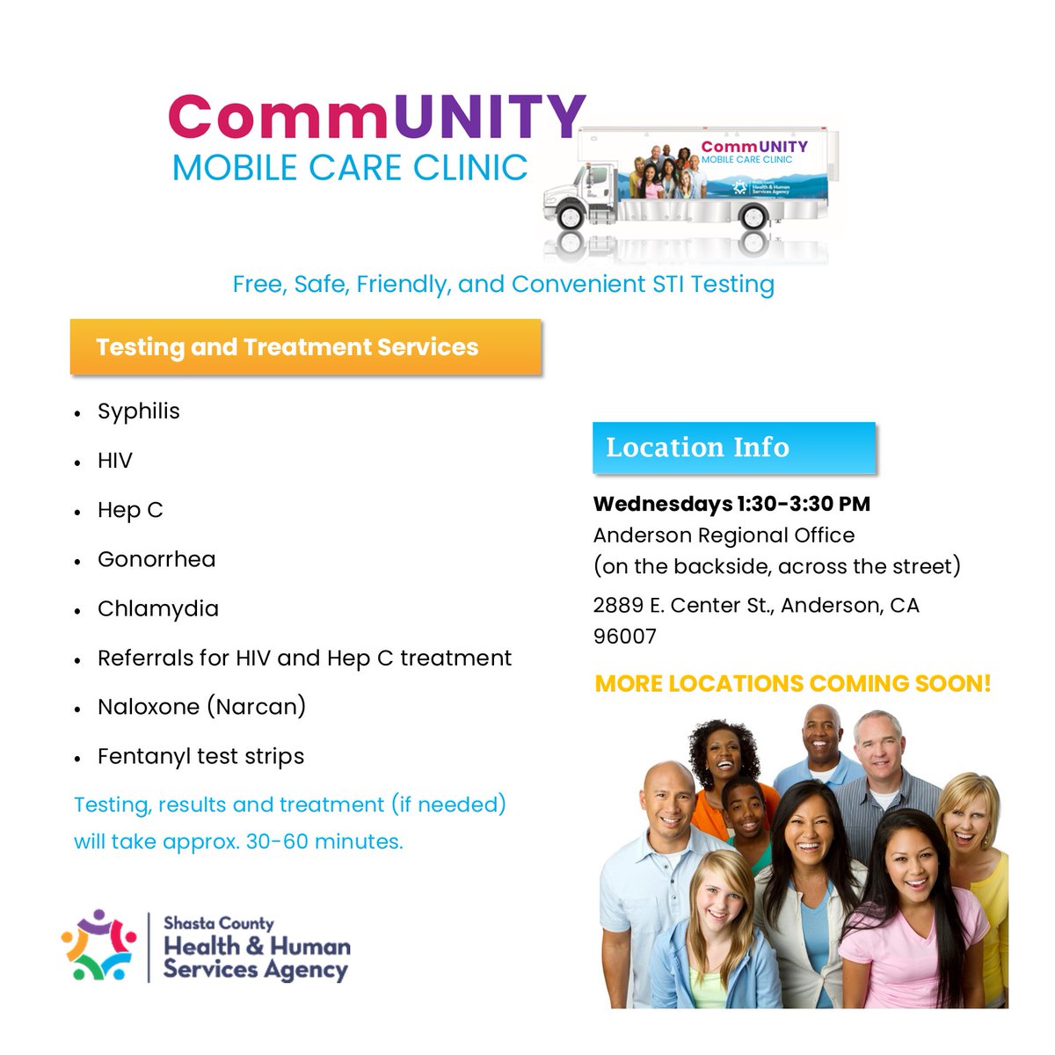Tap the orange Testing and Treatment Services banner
point(305,347)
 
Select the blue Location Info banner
point(733,447)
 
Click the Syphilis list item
point(139,411)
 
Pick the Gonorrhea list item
point(156,559)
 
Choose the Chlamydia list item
point(158,608)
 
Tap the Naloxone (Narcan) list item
point(201,707)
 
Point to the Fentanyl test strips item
point(200,756)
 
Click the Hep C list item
point(130,510)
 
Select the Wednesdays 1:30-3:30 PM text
point(731,504)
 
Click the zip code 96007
point(624,637)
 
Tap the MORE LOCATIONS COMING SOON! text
point(793,683)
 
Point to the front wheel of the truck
point(570,214)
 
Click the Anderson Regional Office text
point(724,535)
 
